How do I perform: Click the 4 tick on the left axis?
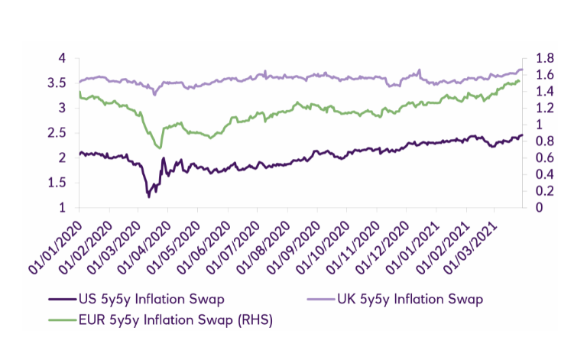click(x=63, y=58)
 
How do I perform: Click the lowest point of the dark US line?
click(x=148, y=196)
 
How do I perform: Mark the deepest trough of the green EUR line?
click(x=160, y=148)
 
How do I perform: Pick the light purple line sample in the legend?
click(x=320, y=299)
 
